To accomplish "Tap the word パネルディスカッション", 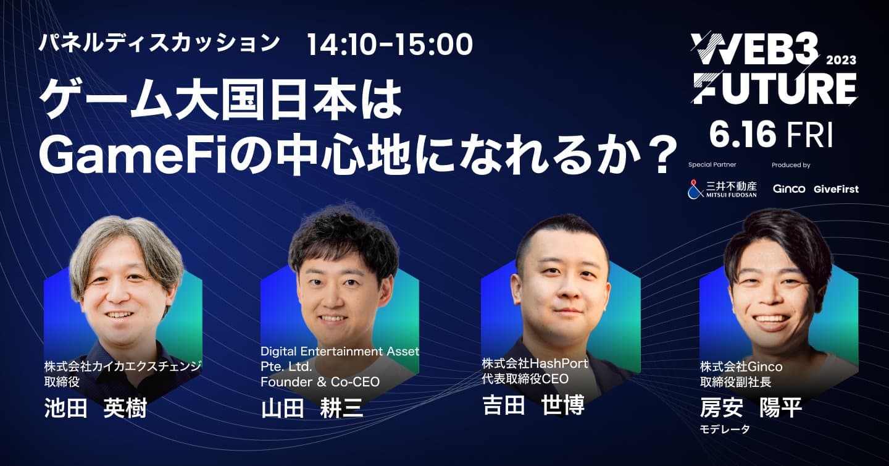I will tap(159, 43).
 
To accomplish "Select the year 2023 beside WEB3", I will tap(841, 60).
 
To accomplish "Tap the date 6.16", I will tap(744, 135).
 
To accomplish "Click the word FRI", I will tap(811, 135).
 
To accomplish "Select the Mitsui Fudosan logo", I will tap(722, 189).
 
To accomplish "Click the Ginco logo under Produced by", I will tap(789, 189).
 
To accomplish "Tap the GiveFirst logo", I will tap(836, 189).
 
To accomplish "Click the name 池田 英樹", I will tap(96, 409).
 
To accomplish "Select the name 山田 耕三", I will tap(312, 409).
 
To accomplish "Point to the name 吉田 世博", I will tap(533, 405).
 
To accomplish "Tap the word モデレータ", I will tap(725, 429).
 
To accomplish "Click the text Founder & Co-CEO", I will tap(320, 382).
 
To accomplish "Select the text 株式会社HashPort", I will tap(535, 363).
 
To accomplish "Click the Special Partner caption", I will tap(712, 165).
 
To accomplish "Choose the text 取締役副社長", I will tap(735, 382).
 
